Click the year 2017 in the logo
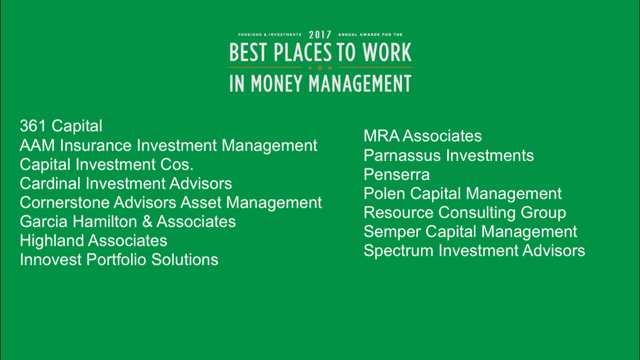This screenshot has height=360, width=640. coord(320,35)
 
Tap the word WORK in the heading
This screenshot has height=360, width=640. coord(387,52)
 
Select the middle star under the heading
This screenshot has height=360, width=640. coord(320,68)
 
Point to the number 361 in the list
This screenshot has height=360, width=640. coord(33,126)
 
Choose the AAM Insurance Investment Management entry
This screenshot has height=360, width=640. coord(168,145)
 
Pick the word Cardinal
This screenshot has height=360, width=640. coord(50,183)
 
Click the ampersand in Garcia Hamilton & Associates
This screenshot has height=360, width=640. coord(147,221)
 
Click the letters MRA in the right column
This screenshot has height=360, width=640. coord(382,136)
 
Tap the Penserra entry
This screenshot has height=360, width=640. coord(397,175)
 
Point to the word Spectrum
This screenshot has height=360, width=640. coord(398,251)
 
